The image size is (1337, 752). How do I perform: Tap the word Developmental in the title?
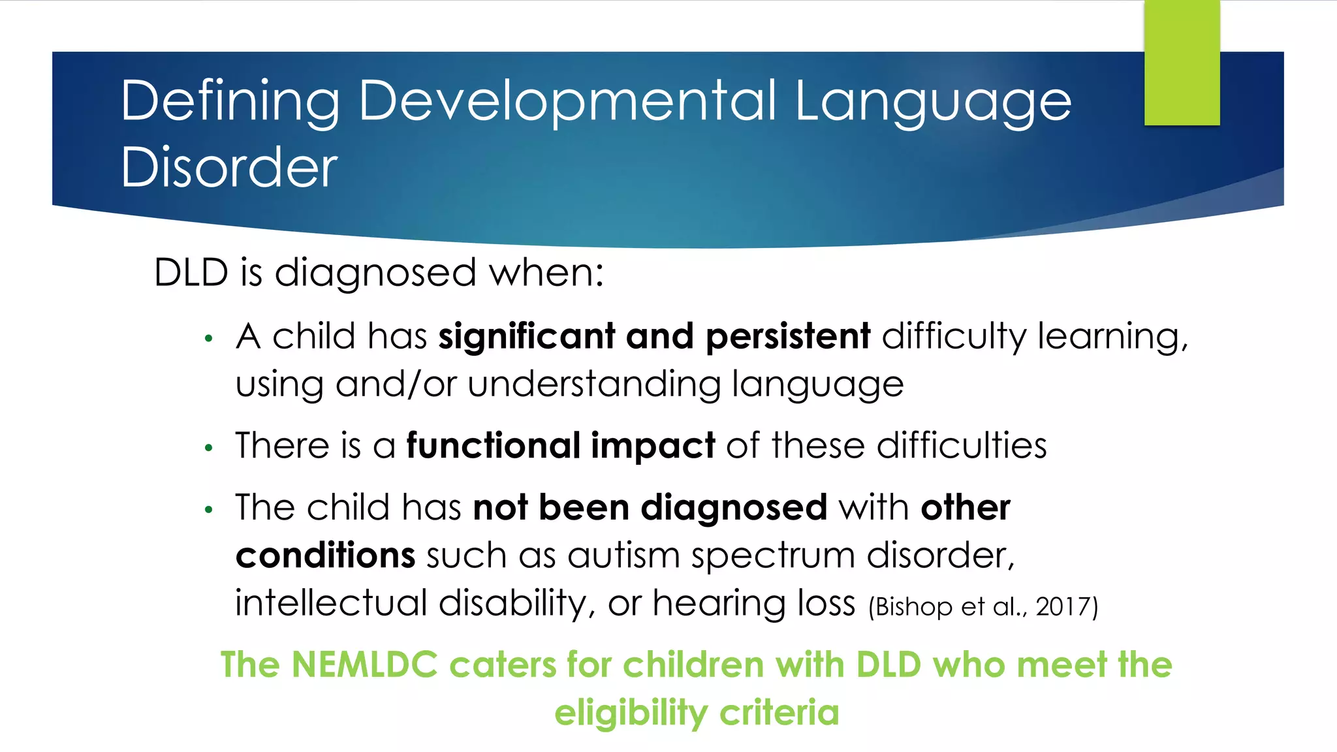click(x=567, y=102)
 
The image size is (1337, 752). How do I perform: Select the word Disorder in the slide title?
click(x=229, y=167)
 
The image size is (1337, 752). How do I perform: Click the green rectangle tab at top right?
click(x=1182, y=63)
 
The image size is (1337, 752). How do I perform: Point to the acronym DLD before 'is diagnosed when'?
click(x=191, y=272)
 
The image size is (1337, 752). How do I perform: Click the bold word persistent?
click(x=788, y=336)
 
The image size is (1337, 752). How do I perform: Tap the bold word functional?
click(x=493, y=446)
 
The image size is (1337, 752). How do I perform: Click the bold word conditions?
click(x=325, y=556)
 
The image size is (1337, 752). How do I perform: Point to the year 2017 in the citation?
click(x=1062, y=606)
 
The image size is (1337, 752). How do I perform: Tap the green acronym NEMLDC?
click(x=364, y=665)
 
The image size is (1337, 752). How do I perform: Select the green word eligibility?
click(x=631, y=713)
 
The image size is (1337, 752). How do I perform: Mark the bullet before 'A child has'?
click(x=209, y=338)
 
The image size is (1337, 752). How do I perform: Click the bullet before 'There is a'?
click(x=209, y=448)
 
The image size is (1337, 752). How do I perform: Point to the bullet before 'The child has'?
click(x=209, y=509)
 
